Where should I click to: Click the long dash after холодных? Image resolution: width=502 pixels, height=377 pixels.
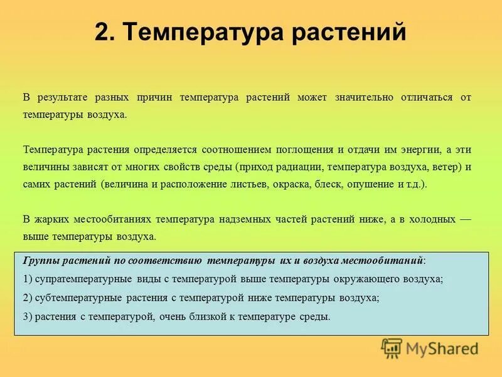click(x=464, y=220)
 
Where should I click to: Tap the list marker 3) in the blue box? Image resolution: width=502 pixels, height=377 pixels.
click(x=28, y=317)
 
